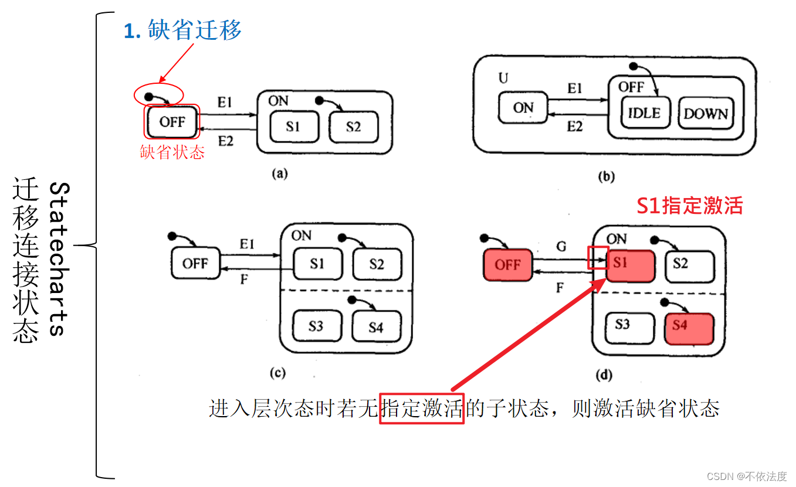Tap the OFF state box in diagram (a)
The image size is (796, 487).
172,122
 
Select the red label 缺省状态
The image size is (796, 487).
172,152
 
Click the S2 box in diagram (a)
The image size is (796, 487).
353,127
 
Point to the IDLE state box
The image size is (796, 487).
644,113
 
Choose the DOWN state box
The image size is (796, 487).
705,113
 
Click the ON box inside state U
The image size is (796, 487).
523,108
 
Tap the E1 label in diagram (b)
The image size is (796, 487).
575,88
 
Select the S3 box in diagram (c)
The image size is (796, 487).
316,325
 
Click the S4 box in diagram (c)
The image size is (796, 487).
375,326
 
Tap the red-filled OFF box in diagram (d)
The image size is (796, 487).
507,265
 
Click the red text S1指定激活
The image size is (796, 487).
690,206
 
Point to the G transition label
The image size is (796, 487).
561,247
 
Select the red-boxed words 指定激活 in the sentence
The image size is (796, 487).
422,408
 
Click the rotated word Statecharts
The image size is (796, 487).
59,258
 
